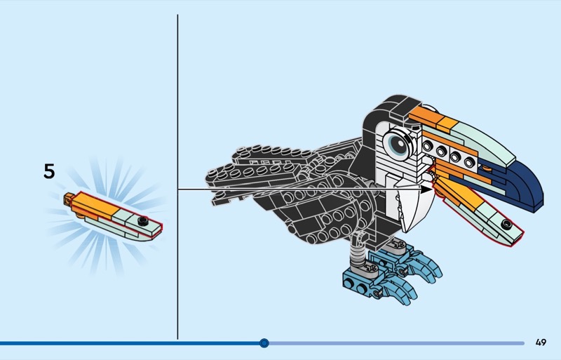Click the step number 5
click(x=49, y=171)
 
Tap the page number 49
click(x=541, y=342)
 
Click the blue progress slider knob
click(x=264, y=343)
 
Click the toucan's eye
click(x=397, y=144)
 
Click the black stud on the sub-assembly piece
click(x=143, y=221)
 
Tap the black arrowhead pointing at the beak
click(x=427, y=189)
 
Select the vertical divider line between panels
click(x=177, y=177)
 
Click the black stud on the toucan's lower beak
click(x=506, y=225)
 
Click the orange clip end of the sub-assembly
click(x=68, y=198)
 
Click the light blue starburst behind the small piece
click(x=107, y=215)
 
